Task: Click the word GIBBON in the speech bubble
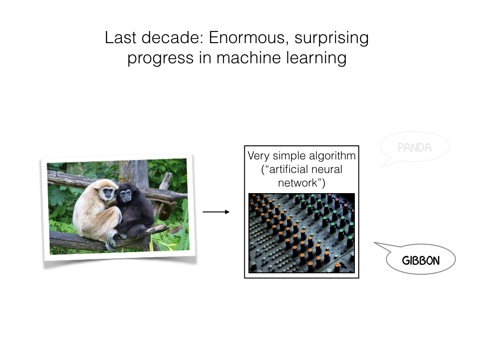pos(420,261)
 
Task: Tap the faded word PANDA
pos(414,148)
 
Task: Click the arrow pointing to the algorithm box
pos(216,212)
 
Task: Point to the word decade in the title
pos(171,37)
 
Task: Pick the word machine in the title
pos(248,58)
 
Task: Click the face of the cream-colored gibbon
pos(108,193)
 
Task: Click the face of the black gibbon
pos(125,195)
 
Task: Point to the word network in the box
pos(298,183)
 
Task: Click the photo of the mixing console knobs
pos(301,233)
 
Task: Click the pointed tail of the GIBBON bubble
pos(375,243)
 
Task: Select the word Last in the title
pos(120,37)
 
